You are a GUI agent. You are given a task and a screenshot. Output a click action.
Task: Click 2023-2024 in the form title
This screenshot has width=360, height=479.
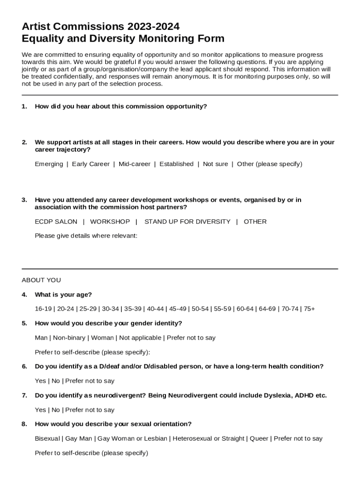click(150, 26)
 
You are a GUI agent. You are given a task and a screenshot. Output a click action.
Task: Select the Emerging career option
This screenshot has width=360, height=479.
click(49, 164)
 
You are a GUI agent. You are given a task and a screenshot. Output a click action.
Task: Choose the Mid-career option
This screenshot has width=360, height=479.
click(135, 164)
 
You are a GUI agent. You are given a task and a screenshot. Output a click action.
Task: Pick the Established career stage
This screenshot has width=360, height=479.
click(176, 164)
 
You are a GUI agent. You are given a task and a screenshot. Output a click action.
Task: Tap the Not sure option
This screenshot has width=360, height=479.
click(216, 164)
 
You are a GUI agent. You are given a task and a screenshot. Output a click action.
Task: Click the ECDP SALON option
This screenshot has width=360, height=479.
click(56, 222)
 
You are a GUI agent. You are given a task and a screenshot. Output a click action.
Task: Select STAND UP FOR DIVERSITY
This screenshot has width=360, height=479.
click(187, 222)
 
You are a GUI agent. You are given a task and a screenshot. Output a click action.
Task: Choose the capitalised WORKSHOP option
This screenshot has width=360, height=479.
click(110, 222)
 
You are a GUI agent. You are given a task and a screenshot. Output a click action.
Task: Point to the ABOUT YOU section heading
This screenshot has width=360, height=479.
click(41, 280)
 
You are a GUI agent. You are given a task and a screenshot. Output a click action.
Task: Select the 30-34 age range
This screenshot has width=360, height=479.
click(110, 309)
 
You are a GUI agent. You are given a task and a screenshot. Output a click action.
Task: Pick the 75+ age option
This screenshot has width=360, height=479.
click(309, 309)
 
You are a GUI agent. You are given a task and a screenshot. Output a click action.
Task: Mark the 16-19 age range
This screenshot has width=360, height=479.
click(43, 309)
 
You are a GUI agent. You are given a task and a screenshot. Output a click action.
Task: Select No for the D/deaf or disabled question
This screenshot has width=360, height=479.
click(56, 381)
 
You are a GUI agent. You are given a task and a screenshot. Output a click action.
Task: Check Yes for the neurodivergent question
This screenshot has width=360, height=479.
click(40, 410)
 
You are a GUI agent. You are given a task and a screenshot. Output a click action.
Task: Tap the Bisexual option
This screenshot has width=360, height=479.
click(47, 439)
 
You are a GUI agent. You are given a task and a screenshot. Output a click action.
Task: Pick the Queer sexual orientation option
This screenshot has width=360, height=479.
click(259, 439)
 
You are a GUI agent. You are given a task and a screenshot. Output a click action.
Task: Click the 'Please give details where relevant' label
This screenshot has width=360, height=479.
click(86, 236)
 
